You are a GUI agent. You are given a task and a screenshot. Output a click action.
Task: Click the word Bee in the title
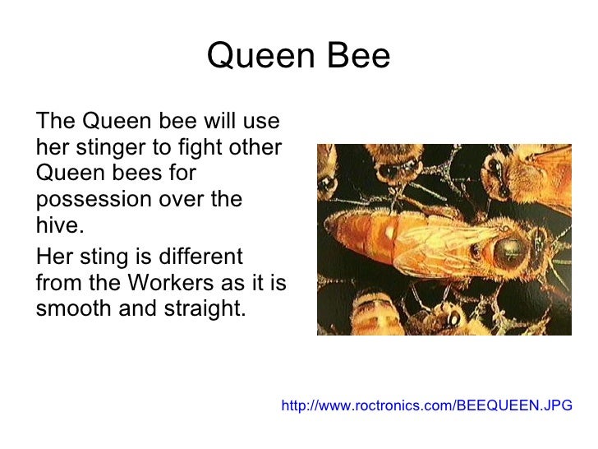pyautogui.click(x=358, y=58)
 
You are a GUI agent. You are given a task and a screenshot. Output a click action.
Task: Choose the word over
pyautogui.click(x=191, y=200)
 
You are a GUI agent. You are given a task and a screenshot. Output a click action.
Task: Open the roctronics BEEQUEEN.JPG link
pyautogui.click(x=426, y=405)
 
